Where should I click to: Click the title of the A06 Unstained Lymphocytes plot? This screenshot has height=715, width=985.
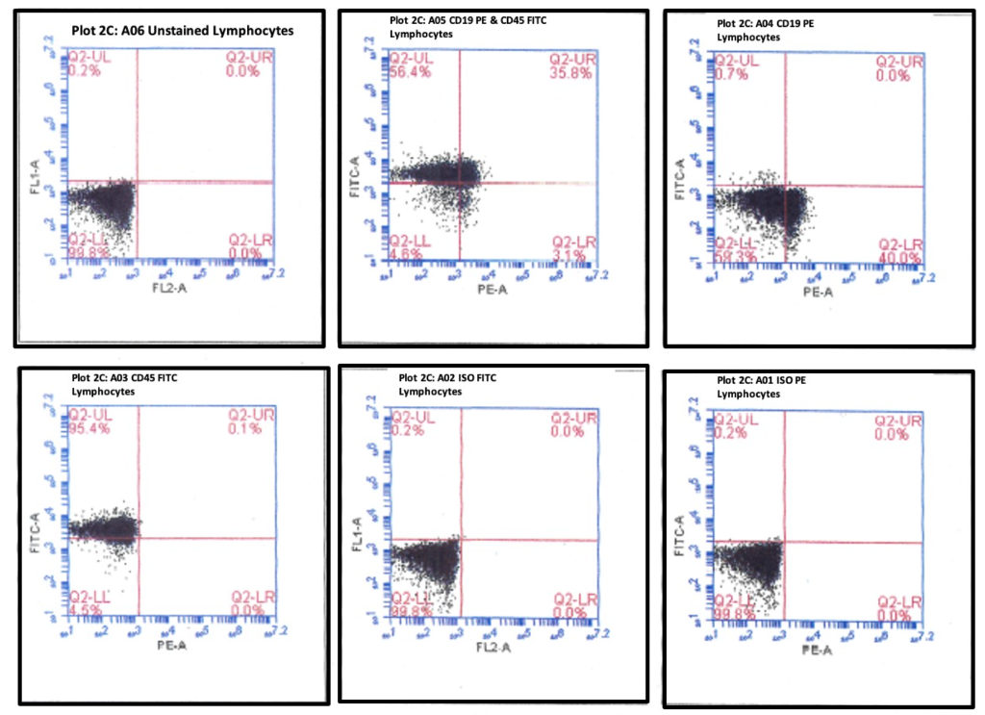pyautogui.click(x=182, y=30)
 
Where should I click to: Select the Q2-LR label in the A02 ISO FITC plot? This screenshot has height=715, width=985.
pyautogui.click(x=574, y=599)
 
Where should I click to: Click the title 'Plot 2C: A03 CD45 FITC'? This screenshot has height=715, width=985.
pyautogui.click(x=124, y=377)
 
